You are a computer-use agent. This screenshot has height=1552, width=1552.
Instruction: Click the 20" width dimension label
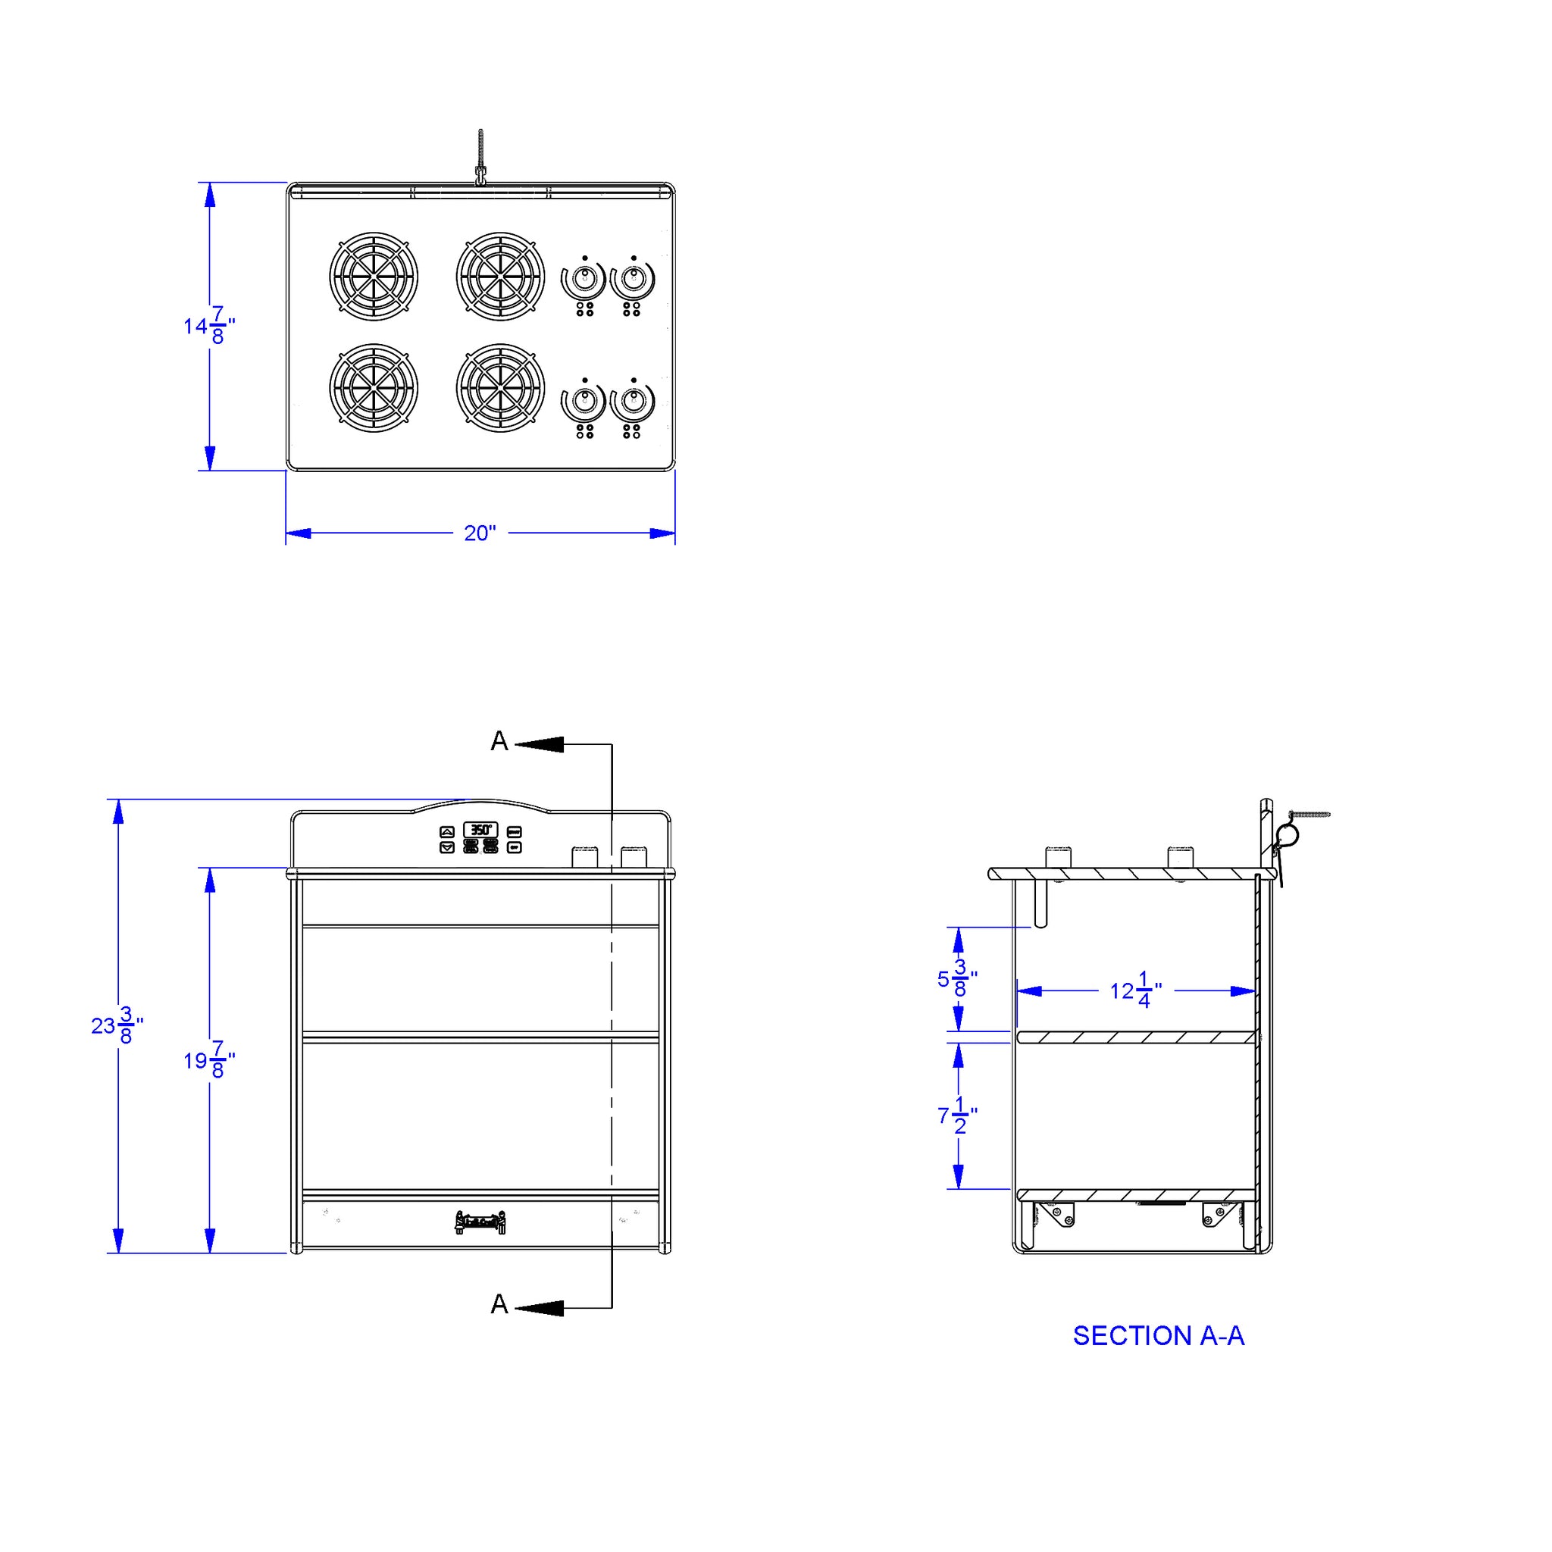click(x=480, y=533)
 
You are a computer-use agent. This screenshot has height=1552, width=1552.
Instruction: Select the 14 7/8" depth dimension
click(x=209, y=325)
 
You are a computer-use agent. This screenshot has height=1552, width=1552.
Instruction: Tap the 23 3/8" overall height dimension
click(x=117, y=1025)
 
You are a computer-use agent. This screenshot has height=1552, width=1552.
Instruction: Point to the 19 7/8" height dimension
click(x=209, y=1059)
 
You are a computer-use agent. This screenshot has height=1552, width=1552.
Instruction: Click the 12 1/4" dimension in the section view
click(x=1136, y=990)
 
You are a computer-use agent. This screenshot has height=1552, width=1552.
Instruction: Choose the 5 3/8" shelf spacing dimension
click(x=957, y=978)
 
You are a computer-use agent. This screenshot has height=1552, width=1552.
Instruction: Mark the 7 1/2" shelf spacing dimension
click(x=957, y=1115)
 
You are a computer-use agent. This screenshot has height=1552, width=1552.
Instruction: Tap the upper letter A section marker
click(x=499, y=740)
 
